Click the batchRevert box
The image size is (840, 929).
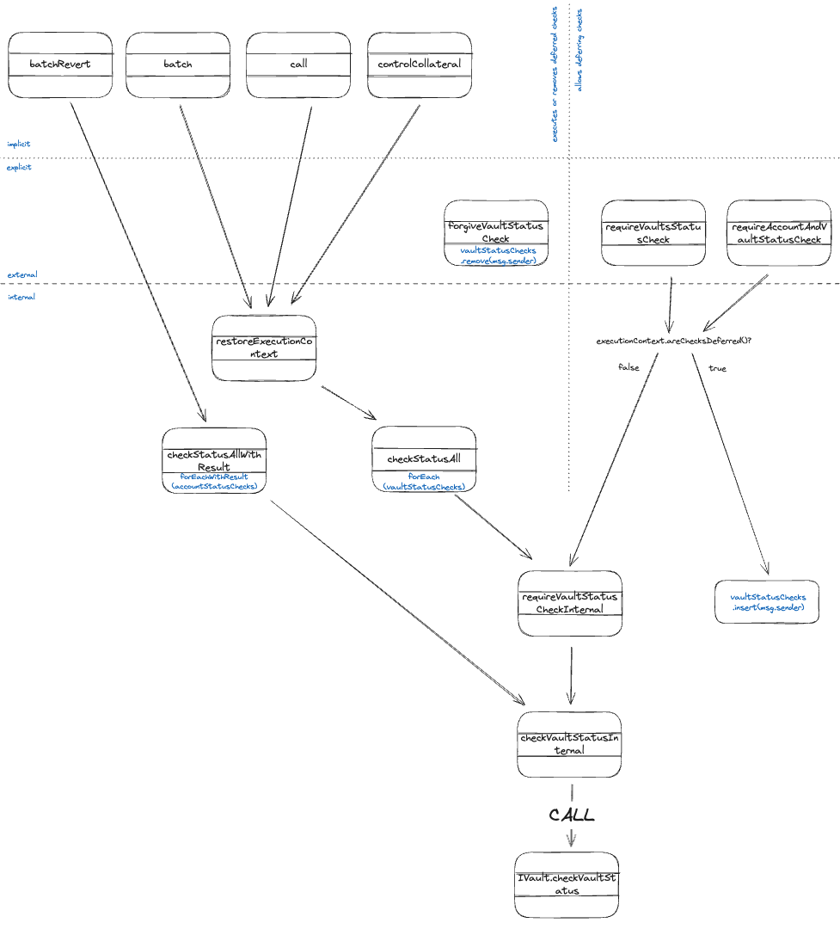click(x=60, y=65)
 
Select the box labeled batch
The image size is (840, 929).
click(x=178, y=65)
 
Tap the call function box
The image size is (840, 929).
click(x=298, y=65)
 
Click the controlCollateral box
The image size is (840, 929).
click(x=420, y=65)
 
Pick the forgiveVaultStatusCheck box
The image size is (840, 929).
click(x=496, y=233)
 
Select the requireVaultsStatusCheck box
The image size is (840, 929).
click(x=653, y=233)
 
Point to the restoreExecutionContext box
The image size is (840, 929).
click(x=265, y=348)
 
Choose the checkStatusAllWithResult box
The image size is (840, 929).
click(x=214, y=460)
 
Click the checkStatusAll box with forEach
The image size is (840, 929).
click(x=424, y=460)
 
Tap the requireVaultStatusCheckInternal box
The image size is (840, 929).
click(x=570, y=603)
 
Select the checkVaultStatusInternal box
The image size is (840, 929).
click(x=569, y=744)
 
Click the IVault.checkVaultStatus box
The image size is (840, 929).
click(x=567, y=885)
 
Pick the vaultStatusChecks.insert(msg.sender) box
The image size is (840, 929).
click(x=768, y=601)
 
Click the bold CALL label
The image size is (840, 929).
click(x=573, y=815)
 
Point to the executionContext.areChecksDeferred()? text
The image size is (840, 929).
click(x=674, y=341)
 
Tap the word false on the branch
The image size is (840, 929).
click(x=628, y=367)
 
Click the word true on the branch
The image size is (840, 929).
click(x=716, y=368)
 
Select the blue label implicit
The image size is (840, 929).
click(x=19, y=144)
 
